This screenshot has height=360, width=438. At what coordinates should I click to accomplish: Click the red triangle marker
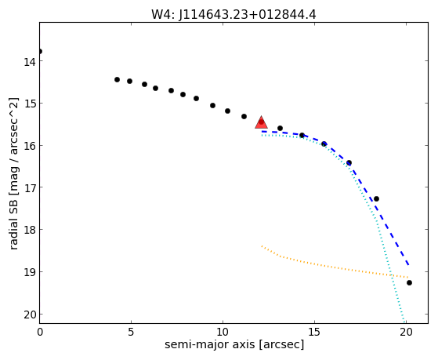pyautogui.click(x=261, y=122)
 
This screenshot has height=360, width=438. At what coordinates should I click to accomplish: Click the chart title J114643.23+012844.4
pyautogui.click(x=233, y=15)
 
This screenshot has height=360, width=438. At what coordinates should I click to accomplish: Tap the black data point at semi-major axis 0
pyautogui.click(x=40, y=52)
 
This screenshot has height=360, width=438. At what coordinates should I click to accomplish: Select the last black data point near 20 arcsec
pyautogui.click(x=409, y=283)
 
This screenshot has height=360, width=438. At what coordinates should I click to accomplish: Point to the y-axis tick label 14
pyautogui.click(x=30, y=62)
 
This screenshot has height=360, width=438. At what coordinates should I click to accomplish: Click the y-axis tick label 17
pyautogui.click(x=30, y=187)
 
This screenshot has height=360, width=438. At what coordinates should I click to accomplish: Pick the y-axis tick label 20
pyautogui.click(x=30, y=315)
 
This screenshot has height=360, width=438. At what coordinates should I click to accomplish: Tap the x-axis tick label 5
pyautogui.click(x=131, y=332)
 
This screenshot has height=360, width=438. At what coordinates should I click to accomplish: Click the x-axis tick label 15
pyautogui.click(x=314, y=332)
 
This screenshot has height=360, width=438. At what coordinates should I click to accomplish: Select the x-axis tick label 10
pyautogui.click(x=223, y=332)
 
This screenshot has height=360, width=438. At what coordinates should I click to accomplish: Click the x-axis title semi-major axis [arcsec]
pyautogui.click(x=234, y=344)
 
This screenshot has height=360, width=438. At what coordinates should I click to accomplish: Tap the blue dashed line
pyautogui.click(x=349, y=165)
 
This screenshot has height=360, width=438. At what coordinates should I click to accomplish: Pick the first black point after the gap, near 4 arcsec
pyautogui.click(x=117, y=80)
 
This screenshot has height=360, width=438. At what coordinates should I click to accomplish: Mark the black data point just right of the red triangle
pyautogui.click(x=280, y=129)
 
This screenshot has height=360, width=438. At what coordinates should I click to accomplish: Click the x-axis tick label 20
pyautogui.click(x=406, y=332)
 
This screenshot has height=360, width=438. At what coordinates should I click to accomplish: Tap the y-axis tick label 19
pyautogui.click(x=30, y=272)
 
